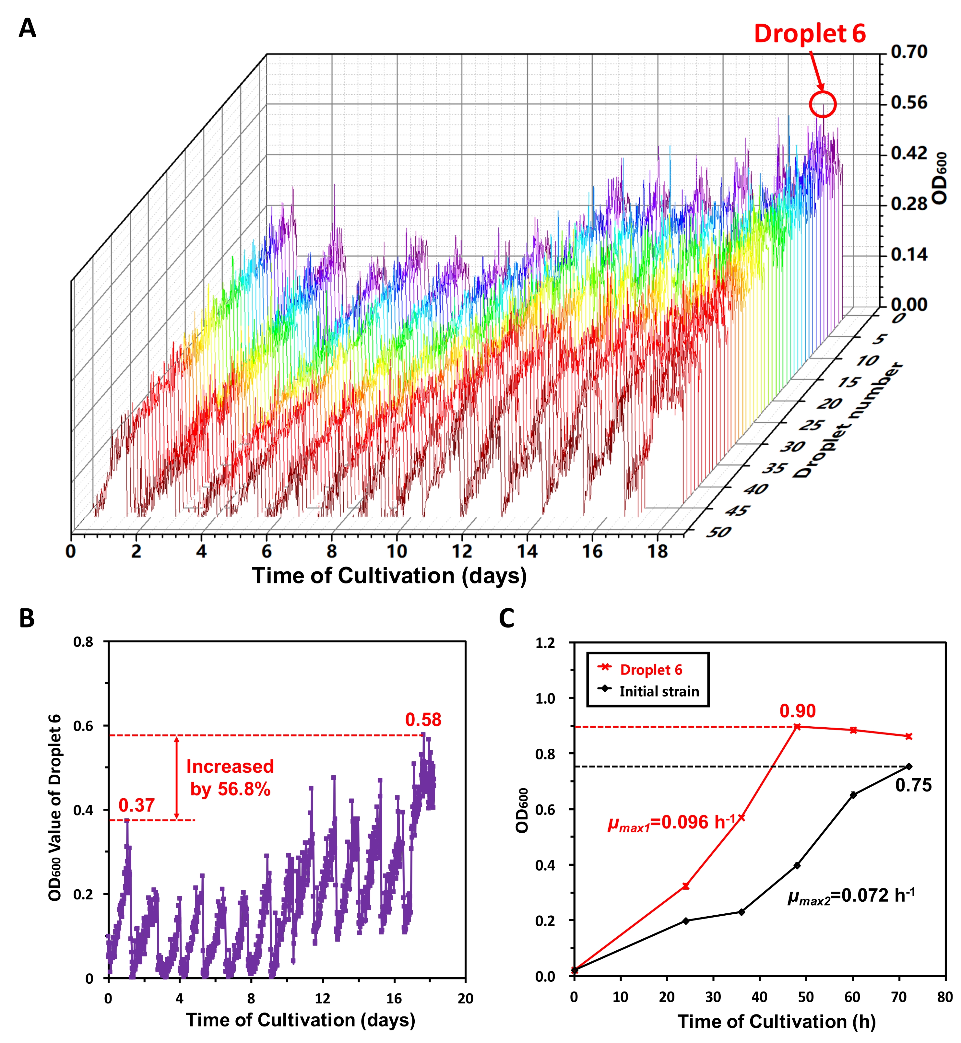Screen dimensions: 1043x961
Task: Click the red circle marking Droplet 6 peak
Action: point(822,104)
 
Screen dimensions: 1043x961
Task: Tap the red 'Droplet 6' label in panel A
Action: point(810,34)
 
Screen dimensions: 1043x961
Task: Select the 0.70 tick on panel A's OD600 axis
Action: point(909,52)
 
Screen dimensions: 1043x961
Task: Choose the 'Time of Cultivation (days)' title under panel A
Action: point(389,576)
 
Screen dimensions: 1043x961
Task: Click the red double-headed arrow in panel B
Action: point(176,777)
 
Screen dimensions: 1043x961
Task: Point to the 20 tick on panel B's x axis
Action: point(465,998)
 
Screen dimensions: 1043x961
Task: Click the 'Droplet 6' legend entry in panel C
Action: point(650,670)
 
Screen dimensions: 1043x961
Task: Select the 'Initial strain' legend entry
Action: point(659,692)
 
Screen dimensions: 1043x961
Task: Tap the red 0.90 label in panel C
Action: point(797,711)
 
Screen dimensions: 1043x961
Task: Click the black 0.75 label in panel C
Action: point(913,785)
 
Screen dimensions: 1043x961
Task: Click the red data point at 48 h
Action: point(797,726)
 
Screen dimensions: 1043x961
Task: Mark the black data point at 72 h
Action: point(908,767)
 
